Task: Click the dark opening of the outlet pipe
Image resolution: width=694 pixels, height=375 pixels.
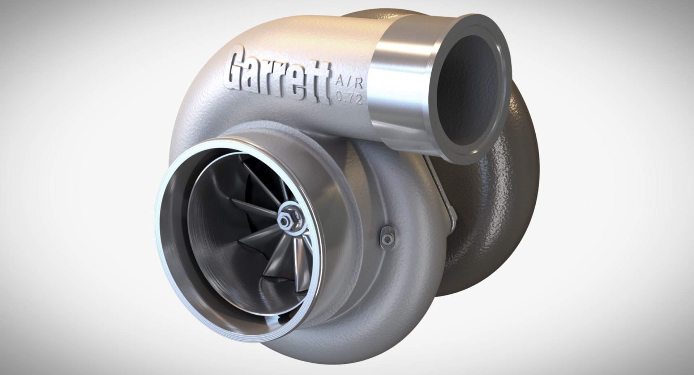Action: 466,90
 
